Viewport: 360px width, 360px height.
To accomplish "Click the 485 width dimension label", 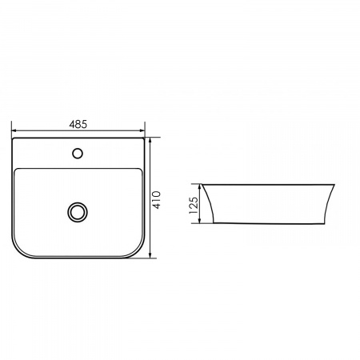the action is [78, 124].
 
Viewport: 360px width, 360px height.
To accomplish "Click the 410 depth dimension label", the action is [157, 200].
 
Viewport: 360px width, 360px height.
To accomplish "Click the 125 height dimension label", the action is [194, 206].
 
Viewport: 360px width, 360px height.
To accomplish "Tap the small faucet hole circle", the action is [78, 154].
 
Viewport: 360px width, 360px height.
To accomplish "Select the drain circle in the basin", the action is [78, 212].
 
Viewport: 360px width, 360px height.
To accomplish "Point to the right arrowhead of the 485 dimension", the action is [142, 130].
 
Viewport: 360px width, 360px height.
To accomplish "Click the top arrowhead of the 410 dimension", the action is [150, 141].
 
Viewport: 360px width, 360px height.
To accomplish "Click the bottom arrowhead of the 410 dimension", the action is [150, 255].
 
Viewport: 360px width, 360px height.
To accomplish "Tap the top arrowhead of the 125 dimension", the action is [199, 186].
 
